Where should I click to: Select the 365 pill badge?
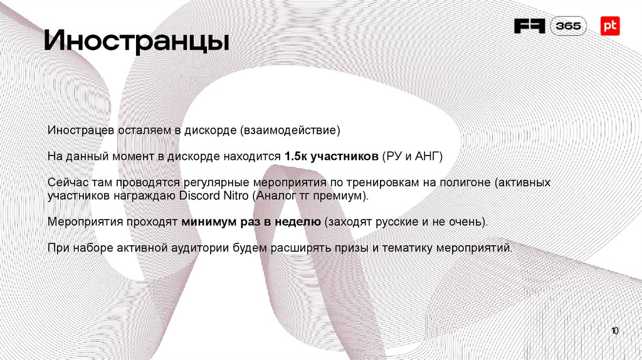tap(569, 26)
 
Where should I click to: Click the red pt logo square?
tap(610, 26)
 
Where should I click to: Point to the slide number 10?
tap(614, 331)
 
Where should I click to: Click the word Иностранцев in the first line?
tap(80, 131)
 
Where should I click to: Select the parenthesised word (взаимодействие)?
tap(289, 131)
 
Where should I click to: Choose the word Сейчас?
tap(67, 183)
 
